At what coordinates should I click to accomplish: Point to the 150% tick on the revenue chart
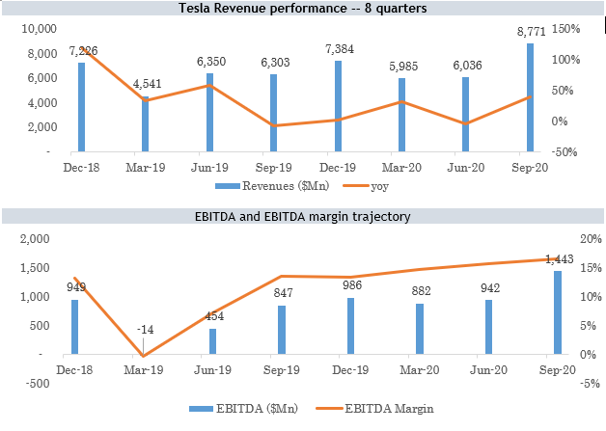(566, 29)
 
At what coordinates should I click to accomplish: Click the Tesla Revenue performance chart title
(303, 10)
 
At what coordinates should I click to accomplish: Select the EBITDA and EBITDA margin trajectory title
(303, 217)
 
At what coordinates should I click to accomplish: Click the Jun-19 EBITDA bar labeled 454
(212, 341)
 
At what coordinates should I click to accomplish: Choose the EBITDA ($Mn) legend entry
(234, 409)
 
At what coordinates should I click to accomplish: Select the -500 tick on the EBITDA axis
(36, 384)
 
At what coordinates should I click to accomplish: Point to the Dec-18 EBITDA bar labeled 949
(74, 327)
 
